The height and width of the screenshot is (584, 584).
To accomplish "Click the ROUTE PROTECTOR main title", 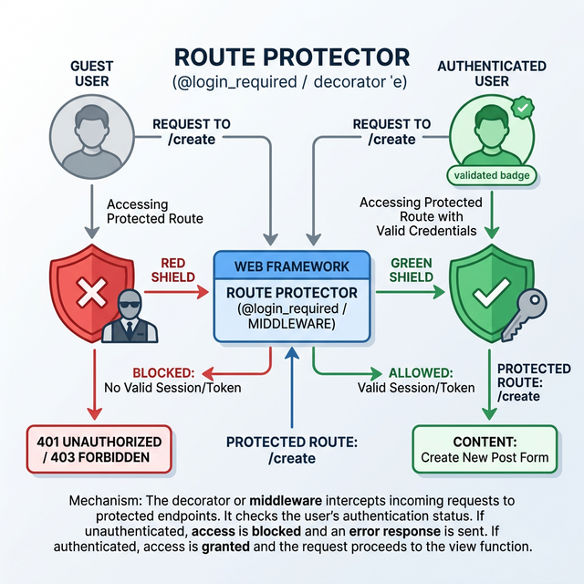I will (291, 58).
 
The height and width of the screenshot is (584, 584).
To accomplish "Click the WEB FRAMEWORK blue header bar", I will (291, 266).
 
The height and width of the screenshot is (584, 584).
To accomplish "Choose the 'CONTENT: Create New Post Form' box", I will (485, 449).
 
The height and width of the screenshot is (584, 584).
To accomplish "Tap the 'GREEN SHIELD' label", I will (412, 270).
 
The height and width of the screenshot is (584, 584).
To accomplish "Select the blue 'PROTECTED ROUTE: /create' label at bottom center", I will (291, 449).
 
